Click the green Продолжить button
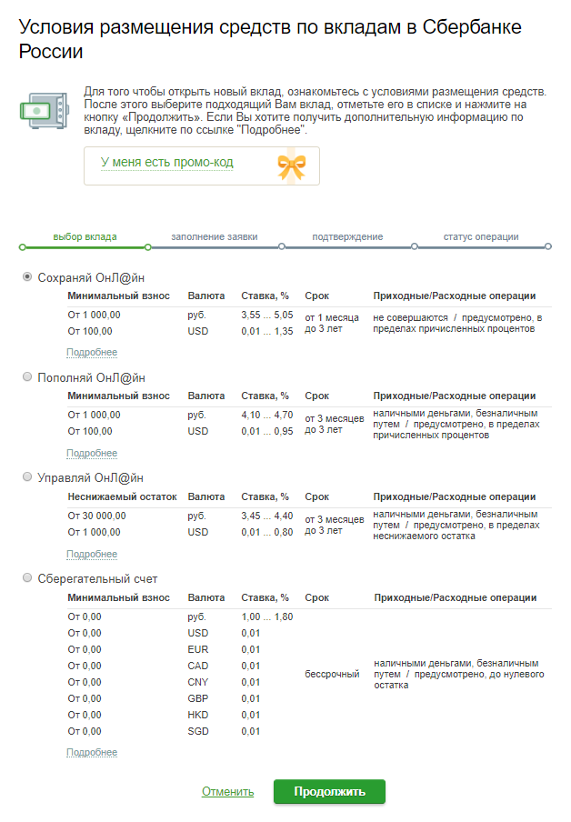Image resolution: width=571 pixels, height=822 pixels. (x=329, y=791)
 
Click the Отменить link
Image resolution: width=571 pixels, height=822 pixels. (x=227, y=792)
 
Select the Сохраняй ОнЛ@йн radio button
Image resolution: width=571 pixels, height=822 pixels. (x=27, y=277)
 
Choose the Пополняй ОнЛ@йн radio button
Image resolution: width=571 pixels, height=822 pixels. (x=27, y=377)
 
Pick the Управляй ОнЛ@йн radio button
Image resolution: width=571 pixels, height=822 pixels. (x=27, y=477)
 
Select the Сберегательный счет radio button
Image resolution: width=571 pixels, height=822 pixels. (x=27, y=578)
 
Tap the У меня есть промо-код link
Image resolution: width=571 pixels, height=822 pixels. (x=166, y=163)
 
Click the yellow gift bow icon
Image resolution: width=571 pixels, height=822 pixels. (x=291, y=165)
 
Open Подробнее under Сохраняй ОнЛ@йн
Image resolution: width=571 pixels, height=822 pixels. (x=92, y=353)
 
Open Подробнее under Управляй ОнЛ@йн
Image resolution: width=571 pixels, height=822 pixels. (x=92, y=554)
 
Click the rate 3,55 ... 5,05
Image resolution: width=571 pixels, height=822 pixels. (x=267, y=315)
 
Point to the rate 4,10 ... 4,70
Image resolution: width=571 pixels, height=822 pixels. (x=267, y=415)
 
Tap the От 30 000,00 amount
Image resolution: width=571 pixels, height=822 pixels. (x=99, y=516)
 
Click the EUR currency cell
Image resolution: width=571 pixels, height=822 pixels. (x=197, y=649)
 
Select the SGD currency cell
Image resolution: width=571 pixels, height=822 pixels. (x=197, y=731)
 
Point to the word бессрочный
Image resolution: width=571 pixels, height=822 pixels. (x=332, y=674)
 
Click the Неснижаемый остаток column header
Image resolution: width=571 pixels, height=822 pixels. (x=122, y=497)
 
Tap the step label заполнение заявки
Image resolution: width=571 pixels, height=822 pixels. (x=214, y=236)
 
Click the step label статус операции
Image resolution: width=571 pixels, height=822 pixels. (x=481, y=236)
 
